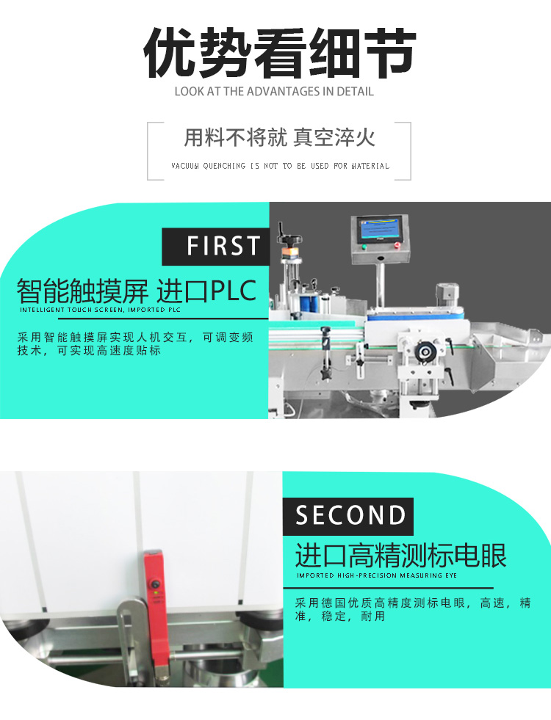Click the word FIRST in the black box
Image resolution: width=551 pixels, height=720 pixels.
pos(223,246)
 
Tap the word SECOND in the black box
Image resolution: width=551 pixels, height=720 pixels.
pos(350,516)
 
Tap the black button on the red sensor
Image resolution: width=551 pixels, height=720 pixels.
pos(156,585)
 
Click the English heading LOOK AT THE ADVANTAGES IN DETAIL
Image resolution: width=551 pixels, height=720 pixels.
pos(274,92)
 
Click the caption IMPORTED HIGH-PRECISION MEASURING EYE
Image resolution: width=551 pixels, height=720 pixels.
pos(377,575)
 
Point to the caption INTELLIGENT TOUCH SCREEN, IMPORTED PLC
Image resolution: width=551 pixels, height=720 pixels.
pos(99,310)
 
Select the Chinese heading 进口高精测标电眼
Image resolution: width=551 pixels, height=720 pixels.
pos(400,556)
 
